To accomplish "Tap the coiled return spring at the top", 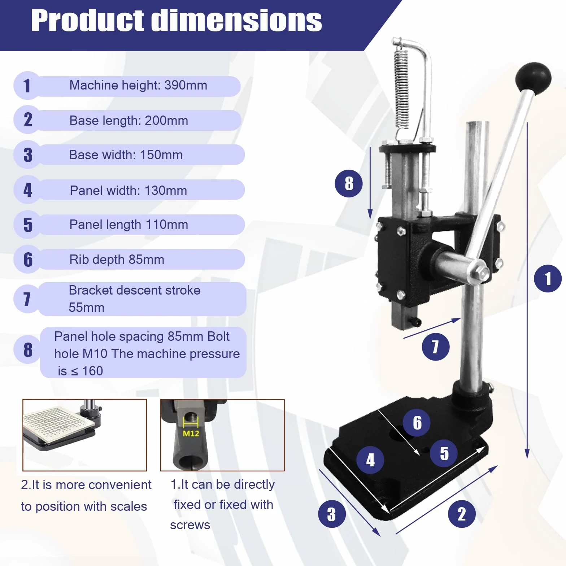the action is click(401, 88).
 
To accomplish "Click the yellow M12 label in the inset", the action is click(191, 433).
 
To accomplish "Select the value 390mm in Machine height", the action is click(186, 85).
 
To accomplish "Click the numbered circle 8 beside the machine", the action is click(349, 183).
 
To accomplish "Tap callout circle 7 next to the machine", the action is click(436, 347).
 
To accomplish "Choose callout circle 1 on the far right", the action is click(548, 279).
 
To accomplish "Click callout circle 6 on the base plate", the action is click(417, 423).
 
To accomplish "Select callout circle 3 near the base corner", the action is click(332, 514).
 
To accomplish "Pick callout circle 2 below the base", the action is click(462, 514).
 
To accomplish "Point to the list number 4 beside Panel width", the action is click(28, 190).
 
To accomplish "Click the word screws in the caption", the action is click(190, 525).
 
